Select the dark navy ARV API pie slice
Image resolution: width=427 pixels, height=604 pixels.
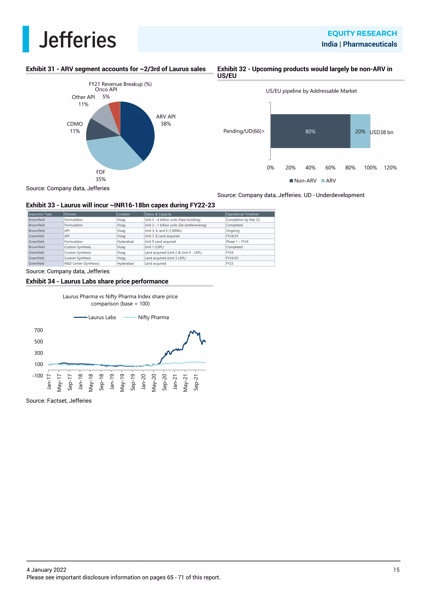138,129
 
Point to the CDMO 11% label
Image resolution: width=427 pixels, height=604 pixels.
75,127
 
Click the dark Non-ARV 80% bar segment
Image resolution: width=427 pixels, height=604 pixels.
310,131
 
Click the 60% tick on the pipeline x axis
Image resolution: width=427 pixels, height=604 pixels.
330,167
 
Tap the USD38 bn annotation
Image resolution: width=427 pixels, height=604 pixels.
381,132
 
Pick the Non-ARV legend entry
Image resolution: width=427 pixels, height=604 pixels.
303,181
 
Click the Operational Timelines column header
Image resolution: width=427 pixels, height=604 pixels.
242,214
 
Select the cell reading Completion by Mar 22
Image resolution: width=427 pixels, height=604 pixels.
243,220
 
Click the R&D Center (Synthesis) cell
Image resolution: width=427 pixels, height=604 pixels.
82,263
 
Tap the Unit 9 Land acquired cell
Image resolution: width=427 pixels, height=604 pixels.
160,242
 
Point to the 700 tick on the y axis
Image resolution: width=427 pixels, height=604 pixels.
39,330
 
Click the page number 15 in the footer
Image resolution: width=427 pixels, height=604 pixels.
396,570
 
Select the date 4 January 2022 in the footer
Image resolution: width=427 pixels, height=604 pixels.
46,570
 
